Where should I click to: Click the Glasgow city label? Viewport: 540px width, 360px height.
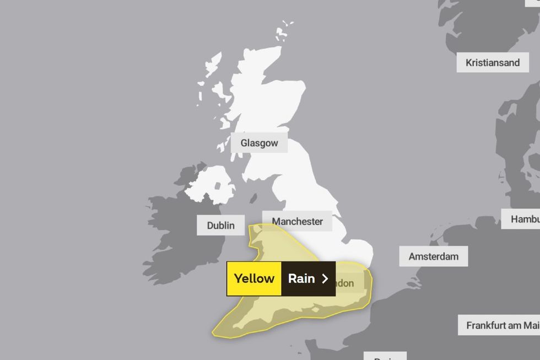[259, 143]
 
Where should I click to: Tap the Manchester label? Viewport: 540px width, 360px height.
[297, 221]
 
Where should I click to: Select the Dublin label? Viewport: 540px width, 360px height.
[220, 225]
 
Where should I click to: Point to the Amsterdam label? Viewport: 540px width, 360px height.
[434, 256]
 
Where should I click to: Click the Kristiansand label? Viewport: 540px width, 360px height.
[492, 62]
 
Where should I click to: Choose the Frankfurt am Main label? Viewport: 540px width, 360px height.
[499, 325]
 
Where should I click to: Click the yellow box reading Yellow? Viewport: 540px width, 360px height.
[254, 278]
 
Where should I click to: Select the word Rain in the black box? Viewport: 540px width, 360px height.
[301, 278]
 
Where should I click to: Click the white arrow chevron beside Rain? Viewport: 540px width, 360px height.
[325, 278]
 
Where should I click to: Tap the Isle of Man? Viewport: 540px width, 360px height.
[253, 198]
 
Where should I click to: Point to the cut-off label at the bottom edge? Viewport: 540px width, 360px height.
[389, 356]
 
